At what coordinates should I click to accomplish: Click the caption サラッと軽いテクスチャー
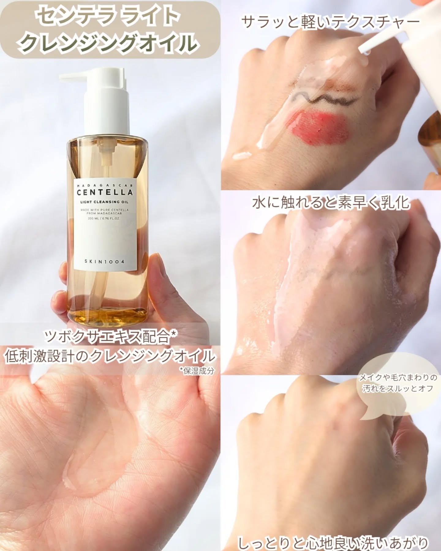coord(330,22)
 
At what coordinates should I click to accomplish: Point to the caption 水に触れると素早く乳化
coord(331,203)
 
